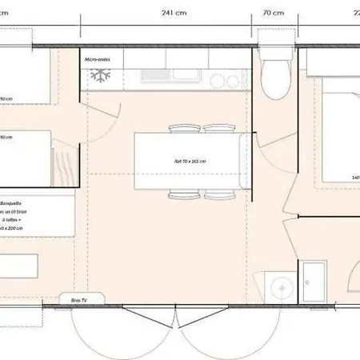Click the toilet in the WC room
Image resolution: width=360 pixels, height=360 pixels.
274,79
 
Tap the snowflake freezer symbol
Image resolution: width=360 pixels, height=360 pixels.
101,77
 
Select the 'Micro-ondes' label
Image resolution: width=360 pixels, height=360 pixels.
98,59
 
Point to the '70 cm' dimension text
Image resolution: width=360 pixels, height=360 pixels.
273,13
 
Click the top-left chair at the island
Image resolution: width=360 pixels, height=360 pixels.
182,129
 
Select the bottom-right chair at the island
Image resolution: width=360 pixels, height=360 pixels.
218,194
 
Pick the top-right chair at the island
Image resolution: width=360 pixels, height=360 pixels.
218,129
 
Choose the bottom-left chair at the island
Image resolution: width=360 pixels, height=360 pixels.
182,194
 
